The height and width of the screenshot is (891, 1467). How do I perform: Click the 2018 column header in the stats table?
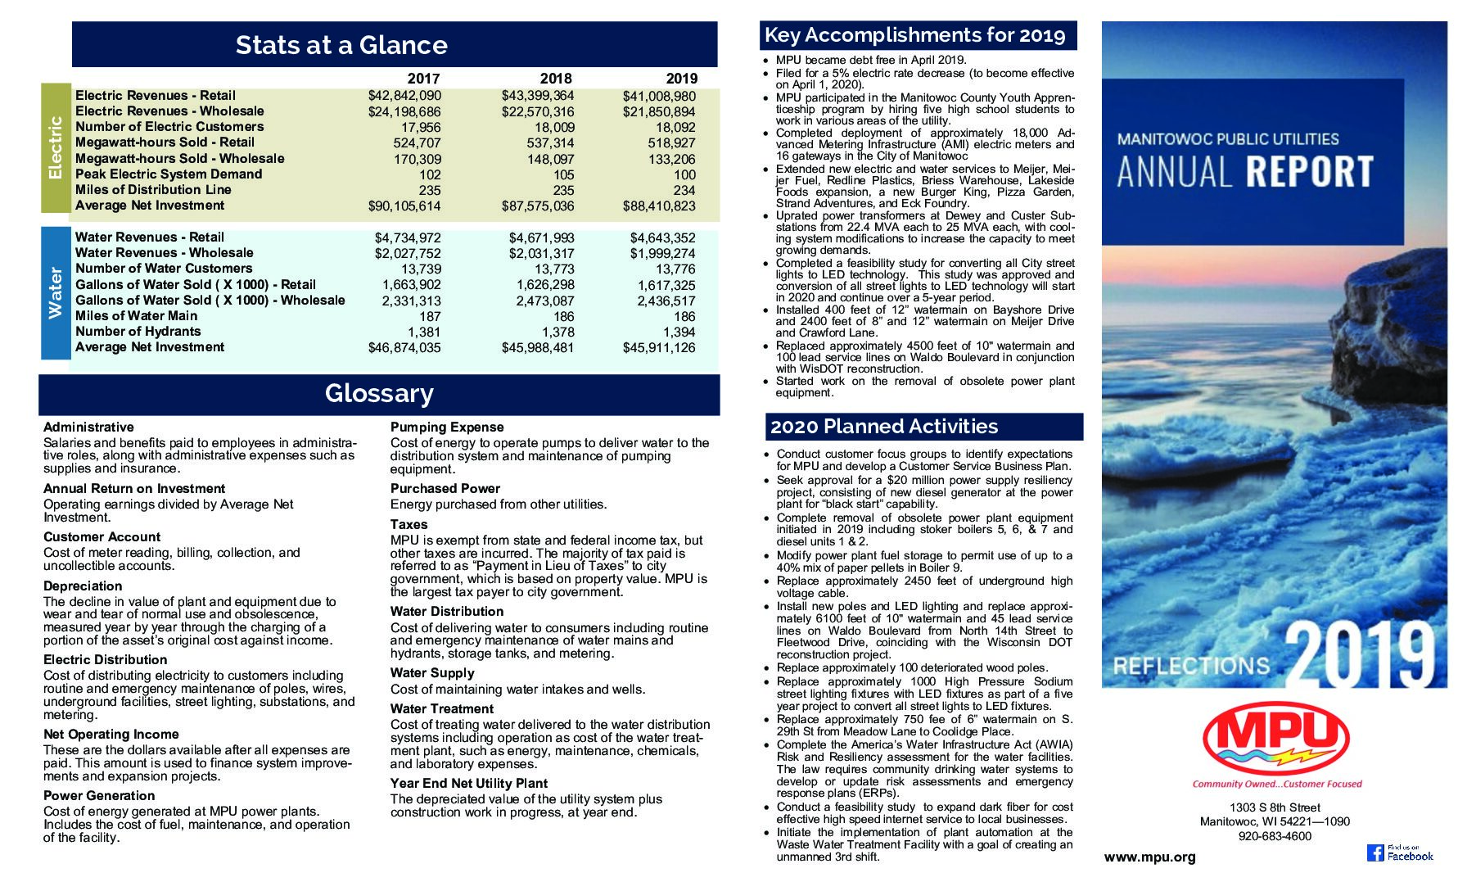click(556, 79)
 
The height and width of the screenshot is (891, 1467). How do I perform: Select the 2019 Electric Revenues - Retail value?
click(659, 96)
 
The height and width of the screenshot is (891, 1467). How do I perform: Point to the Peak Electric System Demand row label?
click(169, 174)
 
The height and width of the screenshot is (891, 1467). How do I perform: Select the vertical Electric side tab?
click(56, 148)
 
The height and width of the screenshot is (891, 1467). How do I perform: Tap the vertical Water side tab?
click(56, 292)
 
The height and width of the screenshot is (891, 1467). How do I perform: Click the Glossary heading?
click(379, 394)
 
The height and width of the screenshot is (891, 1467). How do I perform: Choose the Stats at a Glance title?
click(341, 45)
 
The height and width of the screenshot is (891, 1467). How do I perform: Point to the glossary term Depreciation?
click(83, 586)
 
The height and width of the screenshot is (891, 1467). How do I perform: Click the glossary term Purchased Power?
click(445, 489)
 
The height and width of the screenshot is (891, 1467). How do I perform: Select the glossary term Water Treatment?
click(442, 709)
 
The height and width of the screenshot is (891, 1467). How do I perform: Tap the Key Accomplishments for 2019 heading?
click(914, 35)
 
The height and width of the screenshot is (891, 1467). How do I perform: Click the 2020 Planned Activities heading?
click(884, 427)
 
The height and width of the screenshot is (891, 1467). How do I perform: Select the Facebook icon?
click(1375, 853)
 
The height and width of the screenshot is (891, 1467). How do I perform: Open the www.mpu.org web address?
click(1149, 857)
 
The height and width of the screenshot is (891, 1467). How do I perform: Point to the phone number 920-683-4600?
click(1275, 836)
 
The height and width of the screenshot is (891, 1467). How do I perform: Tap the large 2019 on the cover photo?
click(1361, 657)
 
